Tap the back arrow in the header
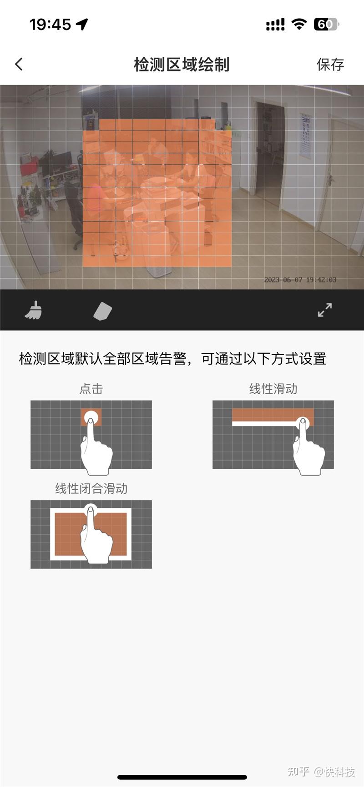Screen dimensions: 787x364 pyautogui.click(x=19, y=64)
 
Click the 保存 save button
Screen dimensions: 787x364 pyautogui.click(x=330, y=65)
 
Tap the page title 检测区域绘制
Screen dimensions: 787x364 pyautogui.click(x=182, y=65)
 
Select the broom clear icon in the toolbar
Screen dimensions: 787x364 pyautogui.click(x=33, y=311)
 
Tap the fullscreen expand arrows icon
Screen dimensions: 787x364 pyautogui.click(x=324, y=310)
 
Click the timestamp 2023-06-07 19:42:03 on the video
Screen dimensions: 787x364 pyautogui.click(x=300, y=280)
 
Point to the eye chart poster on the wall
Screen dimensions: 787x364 pyautogui.click(x=305, y=135)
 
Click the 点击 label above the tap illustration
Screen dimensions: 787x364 pyautogui.click(x=91, y=389)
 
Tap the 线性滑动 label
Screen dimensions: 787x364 pyautogui.click(x=273, y=389)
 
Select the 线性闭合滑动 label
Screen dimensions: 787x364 pyautogui.click(x=91, y=489)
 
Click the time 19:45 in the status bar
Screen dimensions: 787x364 pyautogui.click(x=50, y=24)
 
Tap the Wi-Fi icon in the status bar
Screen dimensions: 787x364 pyautogui.click(x=299, y=24)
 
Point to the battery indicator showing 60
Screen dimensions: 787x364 pyautogui.click(x=326, y=24)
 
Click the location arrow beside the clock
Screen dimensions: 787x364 pyautogui.click(x=82, y=24)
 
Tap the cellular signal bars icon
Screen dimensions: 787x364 pyautogui.click(x=275, y=25)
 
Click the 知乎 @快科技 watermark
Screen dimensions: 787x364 pyautogui.click(x=321, y=772)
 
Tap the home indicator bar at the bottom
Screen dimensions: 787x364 pyautogui.click(x=182, y=777)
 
